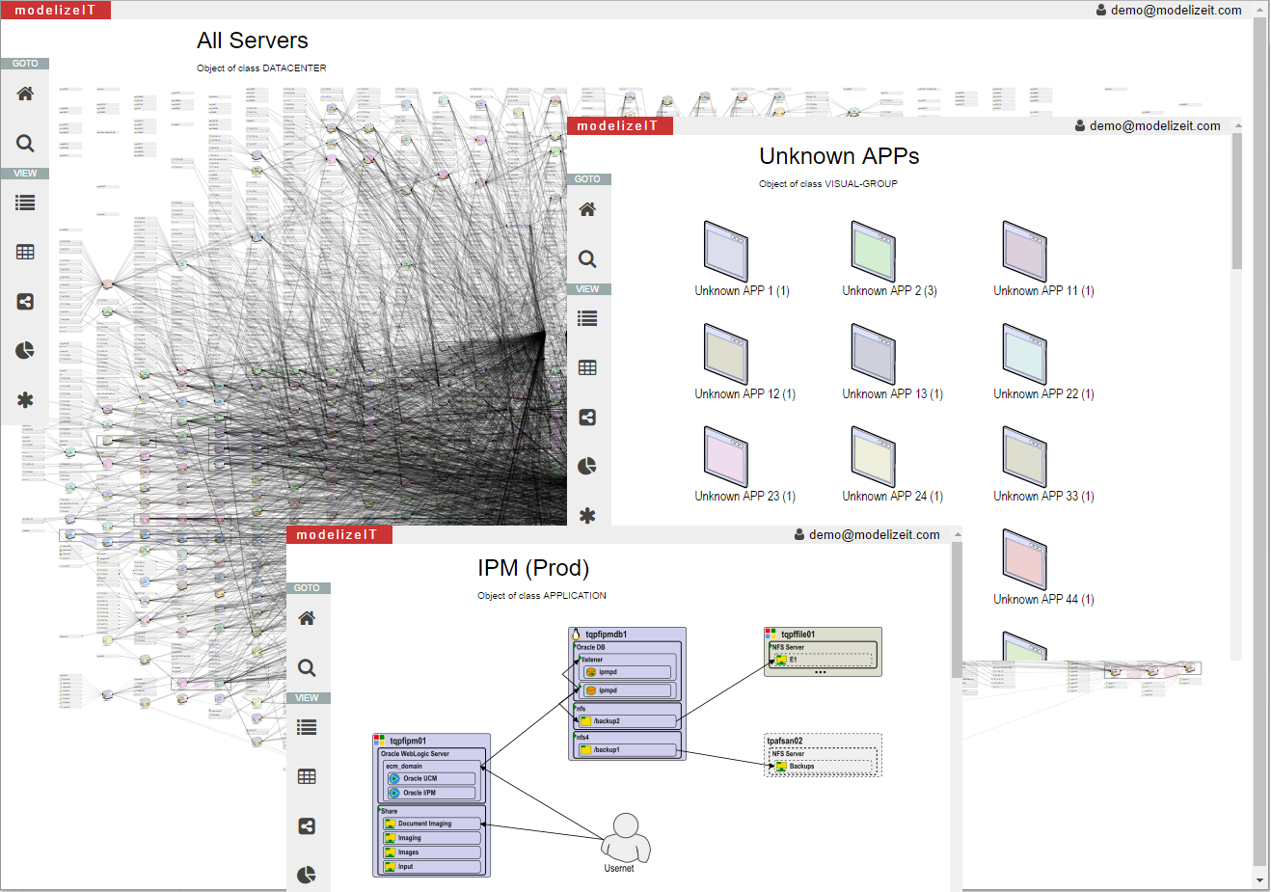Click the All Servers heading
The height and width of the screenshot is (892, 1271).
(x=252, y=41)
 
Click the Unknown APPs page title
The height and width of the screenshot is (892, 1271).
(x=839, y=156)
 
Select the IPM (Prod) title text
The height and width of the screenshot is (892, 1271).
(x=532, y=568)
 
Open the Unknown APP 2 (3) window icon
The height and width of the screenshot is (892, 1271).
(x=874, y=251)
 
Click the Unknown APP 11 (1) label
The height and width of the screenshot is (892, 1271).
(x=1043, y=291)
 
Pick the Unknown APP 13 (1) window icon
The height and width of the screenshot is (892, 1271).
(x=874, y=354)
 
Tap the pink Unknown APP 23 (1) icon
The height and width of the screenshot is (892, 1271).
(x=726, y=456)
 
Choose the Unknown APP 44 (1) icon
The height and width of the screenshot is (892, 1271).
(x=1024, y=559)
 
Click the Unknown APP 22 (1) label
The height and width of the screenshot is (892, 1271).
(x=1043, y=394)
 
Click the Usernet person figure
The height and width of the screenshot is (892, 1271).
(x=626, y=837)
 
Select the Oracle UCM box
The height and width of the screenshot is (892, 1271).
(x=430, y=778)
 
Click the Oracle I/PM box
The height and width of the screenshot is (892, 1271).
(x=430, y=793)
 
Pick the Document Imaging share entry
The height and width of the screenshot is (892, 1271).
(x=431, y=824)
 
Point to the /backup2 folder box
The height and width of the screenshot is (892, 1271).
(x=627, y=720)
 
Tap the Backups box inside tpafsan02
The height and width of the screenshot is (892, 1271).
(x=825, y=767)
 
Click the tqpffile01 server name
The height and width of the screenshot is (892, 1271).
(x=798, y=635)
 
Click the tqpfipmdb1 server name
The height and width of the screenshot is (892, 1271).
(x=606, y=635)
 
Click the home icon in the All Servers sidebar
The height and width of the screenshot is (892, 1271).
(x=25, y=94)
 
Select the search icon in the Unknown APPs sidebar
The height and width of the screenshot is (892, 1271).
(x=587, y=258)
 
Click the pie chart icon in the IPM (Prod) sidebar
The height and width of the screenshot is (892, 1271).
(x=307, y=875)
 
